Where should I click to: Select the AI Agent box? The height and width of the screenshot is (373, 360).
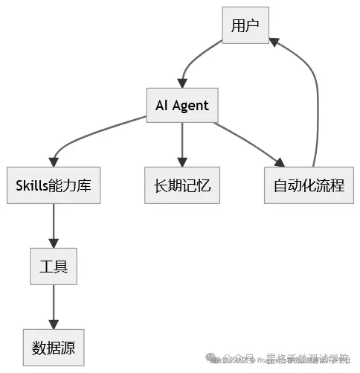tap(181, 106)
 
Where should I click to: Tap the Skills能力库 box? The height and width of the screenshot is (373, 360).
tap(54, 185)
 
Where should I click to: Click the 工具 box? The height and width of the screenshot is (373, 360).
tap(54, 266)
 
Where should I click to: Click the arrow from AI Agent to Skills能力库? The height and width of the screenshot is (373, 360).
tap(82, 137)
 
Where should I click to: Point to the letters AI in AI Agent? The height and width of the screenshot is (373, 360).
tap(161, 106)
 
